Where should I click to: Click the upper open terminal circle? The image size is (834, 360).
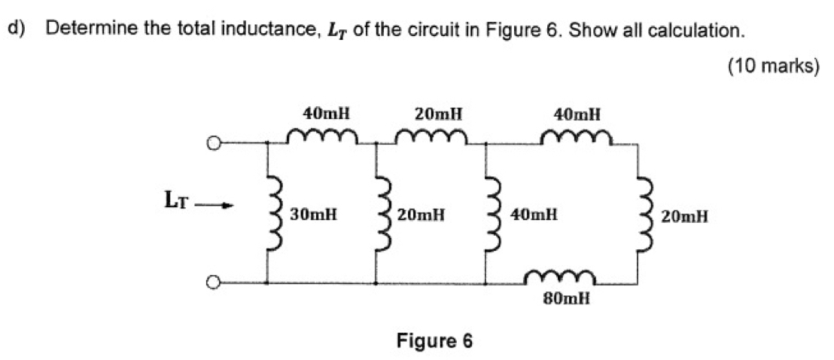pos(215,142)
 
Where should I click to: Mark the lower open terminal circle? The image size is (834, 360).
pos(215,283)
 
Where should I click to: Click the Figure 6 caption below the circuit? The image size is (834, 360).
pos(434,340)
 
